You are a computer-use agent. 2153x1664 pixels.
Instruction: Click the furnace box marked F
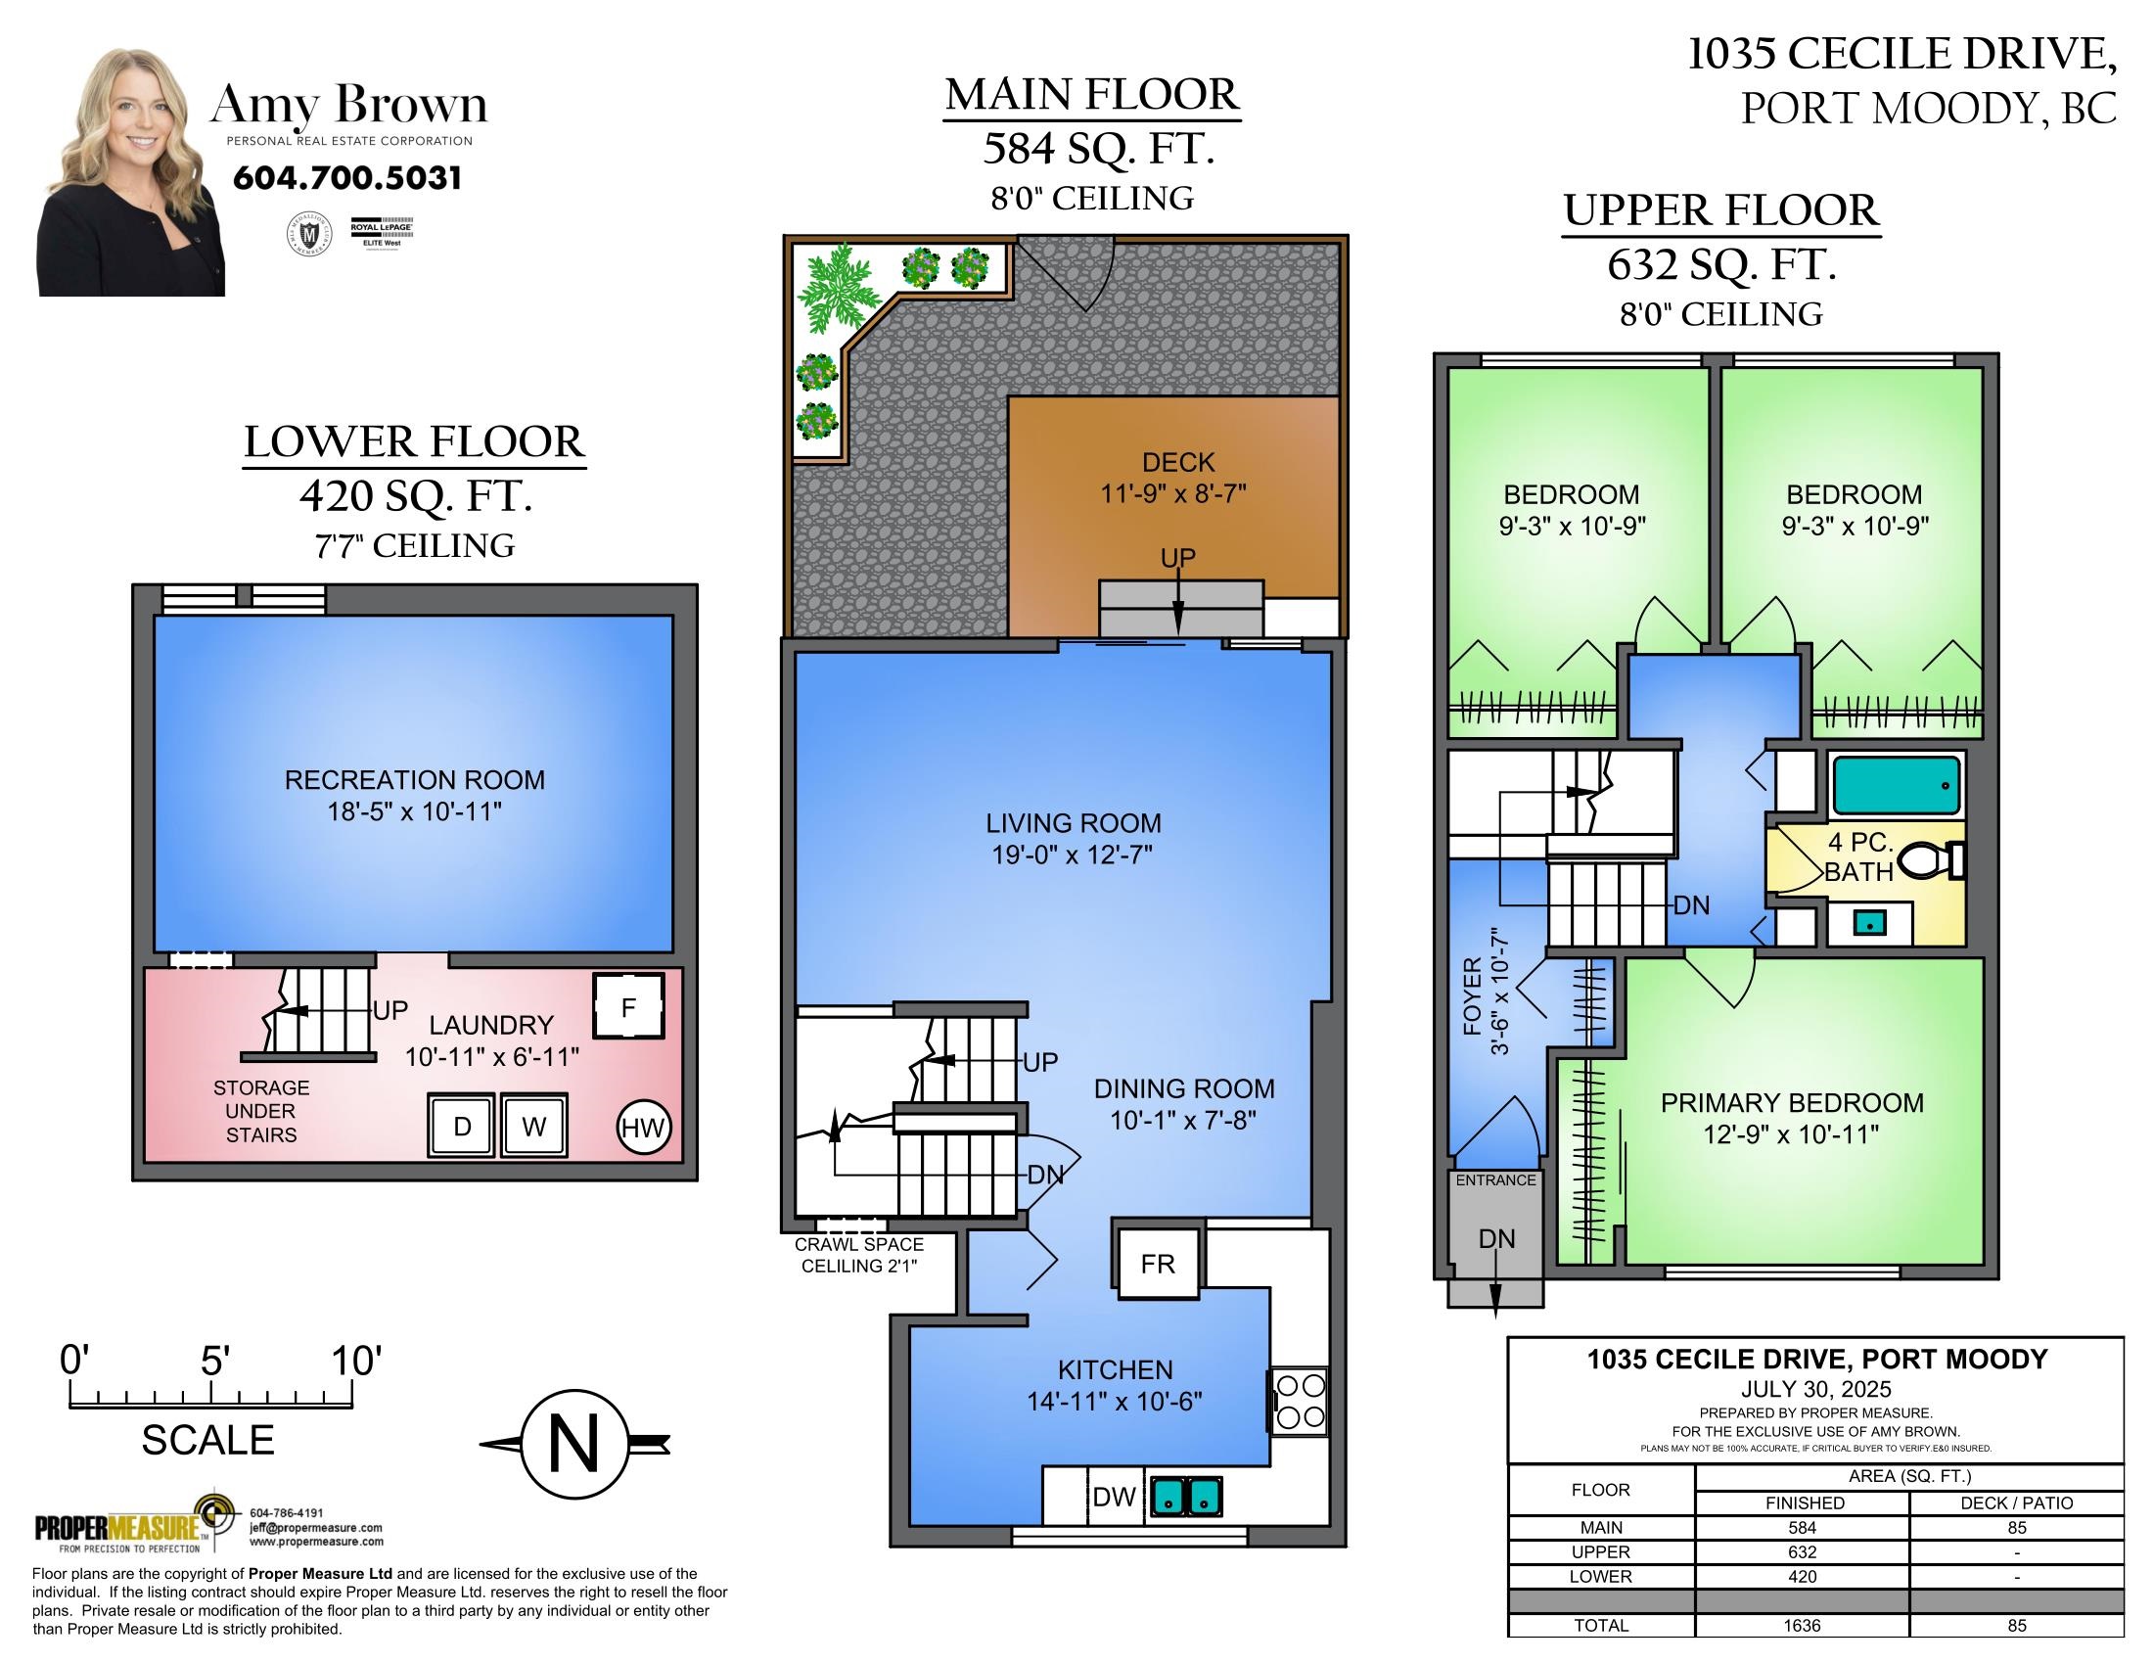(628, 1005)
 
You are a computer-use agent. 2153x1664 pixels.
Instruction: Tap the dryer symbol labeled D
(462, 1125)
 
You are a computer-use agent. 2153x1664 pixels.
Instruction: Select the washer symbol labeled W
(533, 1125)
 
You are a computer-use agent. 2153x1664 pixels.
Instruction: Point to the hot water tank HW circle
(644, 1127)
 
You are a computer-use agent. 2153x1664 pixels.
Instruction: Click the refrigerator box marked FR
(1159, 1263)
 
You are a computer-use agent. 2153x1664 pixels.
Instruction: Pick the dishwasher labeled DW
(1115, 1497)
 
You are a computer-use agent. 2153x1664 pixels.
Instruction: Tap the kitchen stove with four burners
(1300, 1401)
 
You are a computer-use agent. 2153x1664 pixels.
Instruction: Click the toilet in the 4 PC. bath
(1931, 859)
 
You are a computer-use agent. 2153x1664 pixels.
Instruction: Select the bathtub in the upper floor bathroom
(1896, 785)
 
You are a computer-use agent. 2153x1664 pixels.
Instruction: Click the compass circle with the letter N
(574, 1444)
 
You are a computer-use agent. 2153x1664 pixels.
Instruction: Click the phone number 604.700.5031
(347, 178)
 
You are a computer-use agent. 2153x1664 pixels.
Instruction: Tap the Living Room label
(1074, 823)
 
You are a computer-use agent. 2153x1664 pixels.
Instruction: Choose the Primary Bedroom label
(1792, 1103)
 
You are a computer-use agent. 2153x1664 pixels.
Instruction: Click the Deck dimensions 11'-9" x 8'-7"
(1174, 494)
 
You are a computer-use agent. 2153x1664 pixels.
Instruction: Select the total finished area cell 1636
(1802, 1626)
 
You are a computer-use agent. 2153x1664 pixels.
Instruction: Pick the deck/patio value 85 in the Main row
(2017, 1528)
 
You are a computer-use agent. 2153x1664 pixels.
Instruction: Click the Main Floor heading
(1092, 95)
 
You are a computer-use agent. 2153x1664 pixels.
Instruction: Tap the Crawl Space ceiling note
(859, 1255)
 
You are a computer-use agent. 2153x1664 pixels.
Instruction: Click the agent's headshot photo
(131, 172)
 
